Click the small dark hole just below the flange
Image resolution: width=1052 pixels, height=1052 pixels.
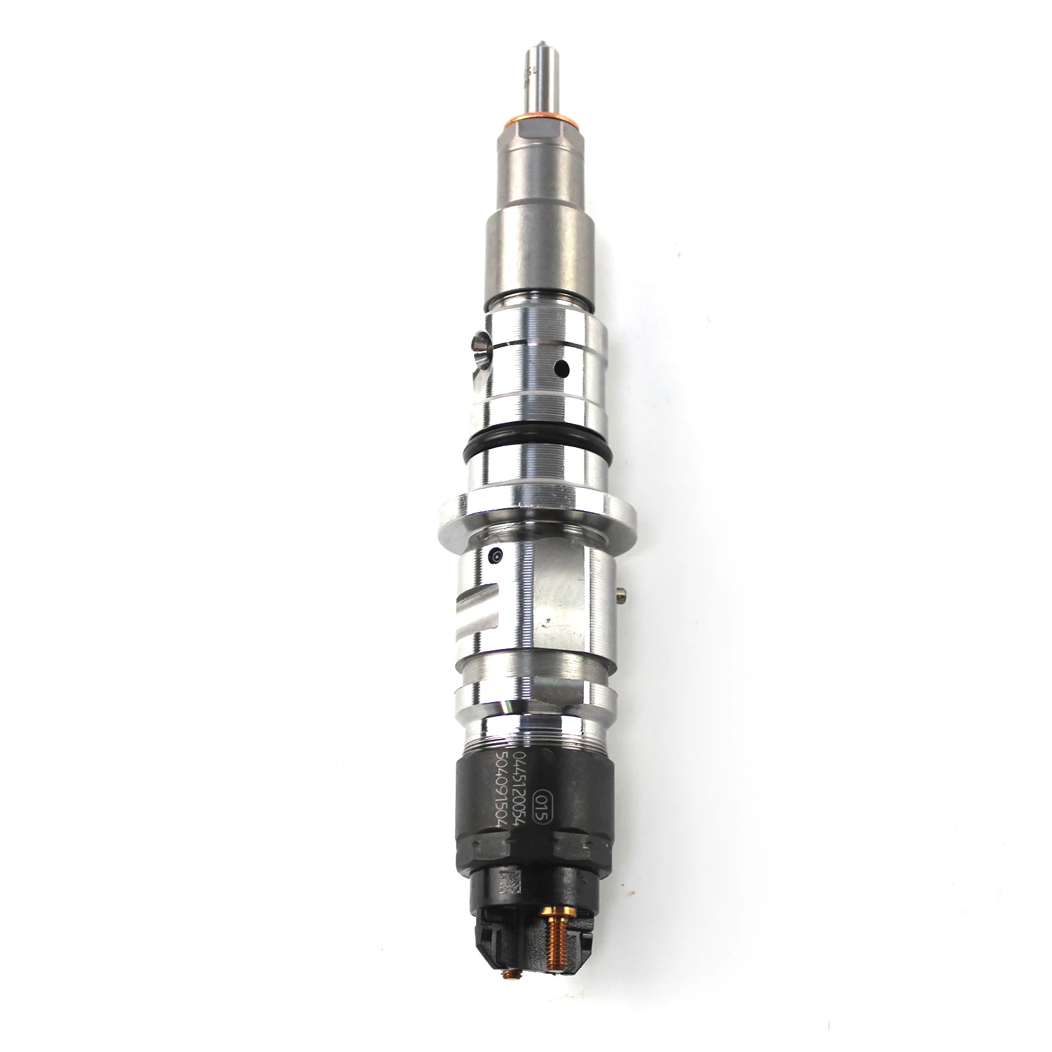(x=494, y=556)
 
